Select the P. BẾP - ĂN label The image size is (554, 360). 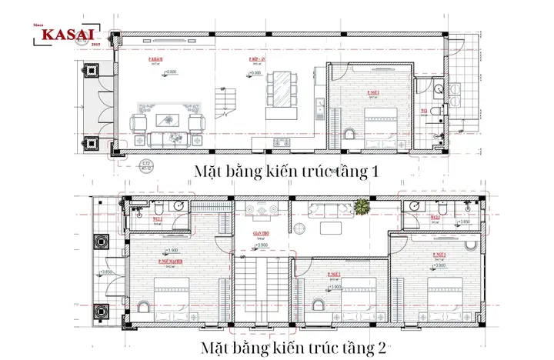pyautogui.click(x=257, y=59)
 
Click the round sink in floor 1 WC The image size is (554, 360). pyautogui.click(x=438, y=89)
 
